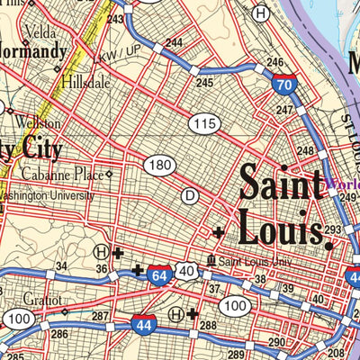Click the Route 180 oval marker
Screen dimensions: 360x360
(159, 165)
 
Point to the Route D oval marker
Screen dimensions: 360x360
(190, 194)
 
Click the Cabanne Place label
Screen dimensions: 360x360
(67, 175)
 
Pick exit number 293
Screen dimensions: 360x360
(333, 230)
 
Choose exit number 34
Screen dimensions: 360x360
(61, 266)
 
